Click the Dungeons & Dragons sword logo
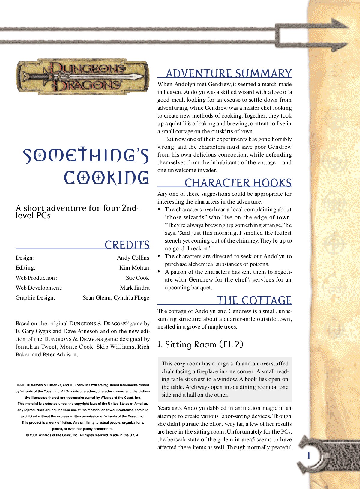(83, 77)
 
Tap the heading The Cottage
(254, 300)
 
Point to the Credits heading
(127, 245)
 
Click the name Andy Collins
(133, 258)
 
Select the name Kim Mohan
(134, 268)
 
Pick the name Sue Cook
(137, 278)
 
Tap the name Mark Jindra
(135, 288)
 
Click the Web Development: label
(39, 288)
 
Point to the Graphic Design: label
(35, 298)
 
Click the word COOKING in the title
(106, 178)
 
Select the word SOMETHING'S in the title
(86, 156)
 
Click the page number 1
(308, 456)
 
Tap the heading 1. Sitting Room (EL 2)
(200, 344)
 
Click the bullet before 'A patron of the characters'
(159, 272)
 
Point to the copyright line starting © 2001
(83, 435)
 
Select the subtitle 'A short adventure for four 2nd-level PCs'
(77, 212)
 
